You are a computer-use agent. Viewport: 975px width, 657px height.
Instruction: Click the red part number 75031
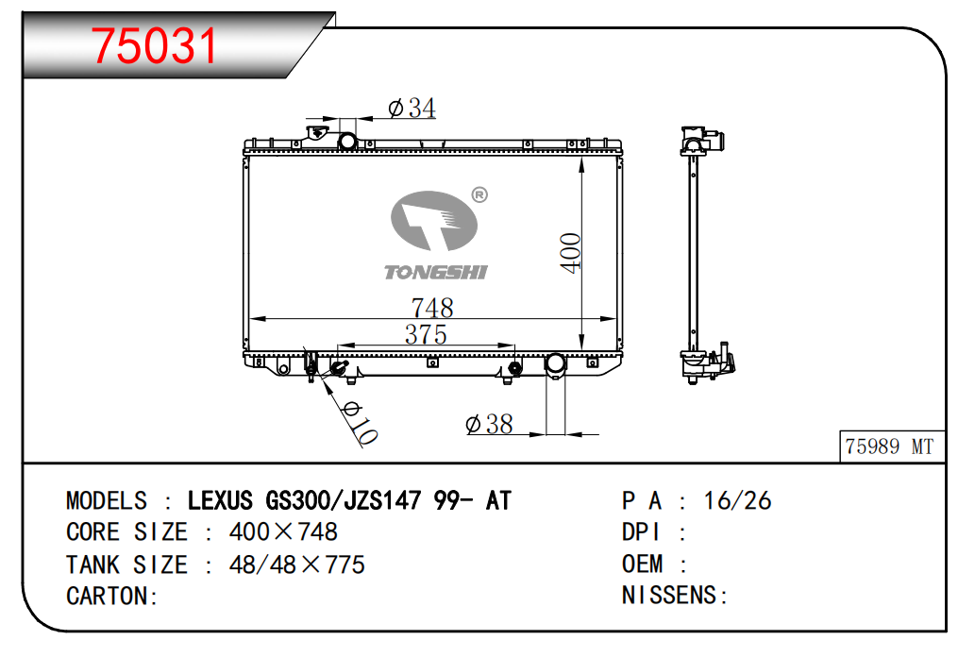[154, 46]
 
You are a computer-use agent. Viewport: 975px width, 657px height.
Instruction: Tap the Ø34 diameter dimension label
[412, 108]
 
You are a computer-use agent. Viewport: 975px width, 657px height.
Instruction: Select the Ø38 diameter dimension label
[489, 425]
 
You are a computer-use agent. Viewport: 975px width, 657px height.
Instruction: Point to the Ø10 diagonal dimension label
[360, 423]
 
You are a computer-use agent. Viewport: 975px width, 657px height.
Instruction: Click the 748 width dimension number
[432, 308]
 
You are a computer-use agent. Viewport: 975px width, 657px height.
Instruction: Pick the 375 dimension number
[426, 335]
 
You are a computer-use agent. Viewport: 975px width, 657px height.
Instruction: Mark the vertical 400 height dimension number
[571, 252]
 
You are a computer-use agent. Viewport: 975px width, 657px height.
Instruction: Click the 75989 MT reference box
[892, 446]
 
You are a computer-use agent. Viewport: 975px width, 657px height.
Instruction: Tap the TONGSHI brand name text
[436, 273]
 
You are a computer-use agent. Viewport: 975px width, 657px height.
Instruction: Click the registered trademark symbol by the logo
[479, 194]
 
